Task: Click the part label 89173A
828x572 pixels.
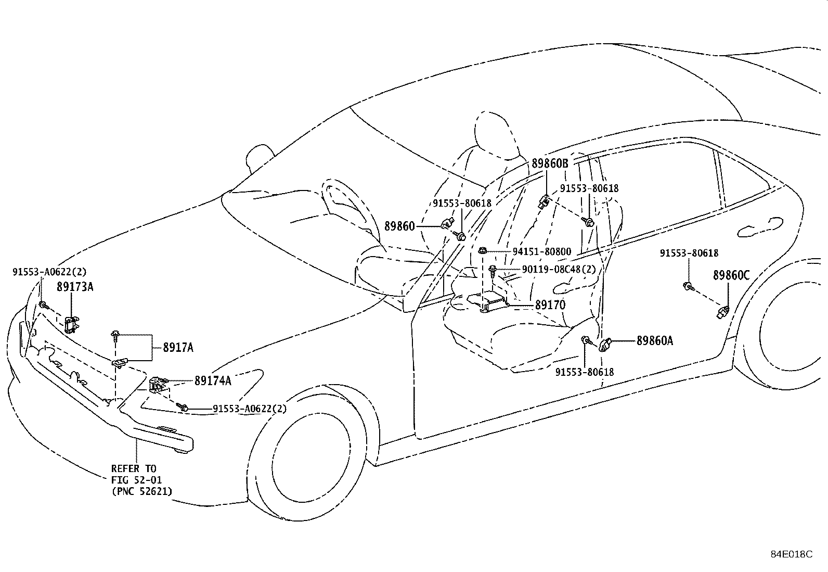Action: [75, 287]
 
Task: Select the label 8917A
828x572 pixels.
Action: [178, 348]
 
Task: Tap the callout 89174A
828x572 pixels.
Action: [213, 381]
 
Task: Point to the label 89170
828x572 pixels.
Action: [550, 305]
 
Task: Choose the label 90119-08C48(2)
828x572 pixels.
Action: [559, 270]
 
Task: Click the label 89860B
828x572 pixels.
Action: [550, 163]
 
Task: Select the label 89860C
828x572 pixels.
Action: [731, 276]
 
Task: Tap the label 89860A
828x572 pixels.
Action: [655, 341]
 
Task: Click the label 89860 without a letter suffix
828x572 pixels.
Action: [399, 226]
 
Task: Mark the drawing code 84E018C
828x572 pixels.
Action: [791, 554]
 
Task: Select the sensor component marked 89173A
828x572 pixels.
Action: [72, 324]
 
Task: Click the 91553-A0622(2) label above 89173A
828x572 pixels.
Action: [49, 272]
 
